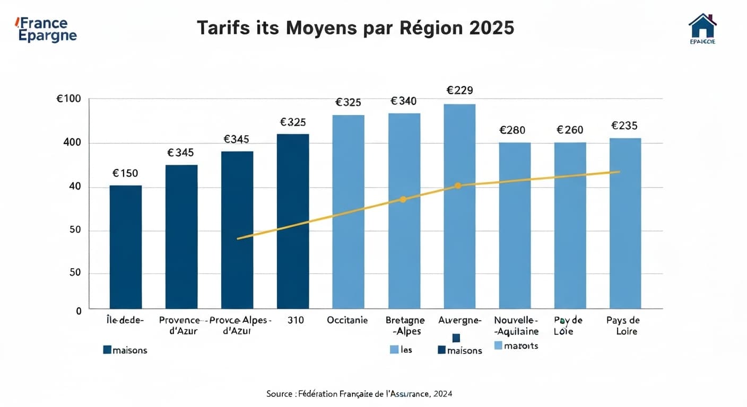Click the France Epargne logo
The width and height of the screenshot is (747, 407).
[x=47, y=30]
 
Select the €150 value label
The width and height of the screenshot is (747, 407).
[x=125, y=173]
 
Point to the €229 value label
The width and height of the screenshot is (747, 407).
[x=459, y=91]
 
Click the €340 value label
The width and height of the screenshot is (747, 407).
[x=404, y=101]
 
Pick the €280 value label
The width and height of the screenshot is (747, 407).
[x=513, y=130]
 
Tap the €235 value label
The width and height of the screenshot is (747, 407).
[x=624, y=126]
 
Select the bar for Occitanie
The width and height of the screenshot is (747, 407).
[x=348, y=211]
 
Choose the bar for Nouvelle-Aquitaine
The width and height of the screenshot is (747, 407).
[x=515, y=225]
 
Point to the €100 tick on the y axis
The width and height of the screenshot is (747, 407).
[x=69, y=99]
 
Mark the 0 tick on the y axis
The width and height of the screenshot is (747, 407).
[x=79, y=311]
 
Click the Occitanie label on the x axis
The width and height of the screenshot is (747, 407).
[x=348, y=321]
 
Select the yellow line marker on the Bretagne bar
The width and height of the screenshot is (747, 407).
[x=403, y=199]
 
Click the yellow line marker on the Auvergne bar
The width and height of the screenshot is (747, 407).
[x=458, y=185]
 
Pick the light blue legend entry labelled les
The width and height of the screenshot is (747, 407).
[x=401, y=350]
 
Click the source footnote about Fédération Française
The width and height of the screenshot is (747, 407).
[x=359, y=394]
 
